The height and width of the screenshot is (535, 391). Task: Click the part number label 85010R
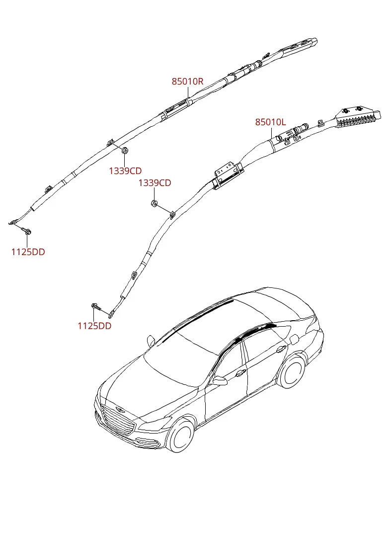click(187, 82)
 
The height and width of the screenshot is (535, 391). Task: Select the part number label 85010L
click(271, 122)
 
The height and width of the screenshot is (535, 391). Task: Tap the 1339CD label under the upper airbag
click(125, 171)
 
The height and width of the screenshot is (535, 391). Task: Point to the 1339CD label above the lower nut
click(155, 183)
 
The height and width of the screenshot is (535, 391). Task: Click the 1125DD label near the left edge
click(28, 252)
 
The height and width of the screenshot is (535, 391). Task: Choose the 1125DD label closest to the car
click(94, 326)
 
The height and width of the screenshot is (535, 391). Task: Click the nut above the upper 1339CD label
click(125, 150)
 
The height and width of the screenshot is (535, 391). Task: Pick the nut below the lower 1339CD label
click(154, 204)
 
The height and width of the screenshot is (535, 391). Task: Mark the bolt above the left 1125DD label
click(27, 231)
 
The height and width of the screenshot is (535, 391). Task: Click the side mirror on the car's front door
click(220, 380)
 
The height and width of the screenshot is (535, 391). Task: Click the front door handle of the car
click(240, 373)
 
